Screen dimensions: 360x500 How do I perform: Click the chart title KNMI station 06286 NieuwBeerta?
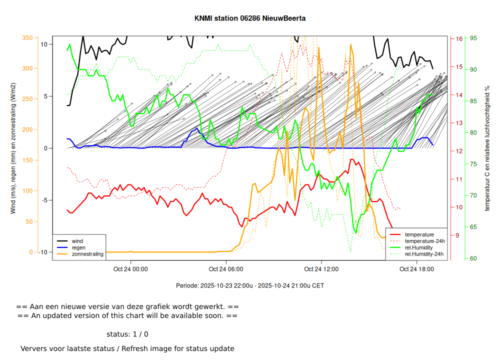[250, 18]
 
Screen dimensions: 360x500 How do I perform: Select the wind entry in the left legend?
[77, 241]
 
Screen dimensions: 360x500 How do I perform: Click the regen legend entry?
[78, 247]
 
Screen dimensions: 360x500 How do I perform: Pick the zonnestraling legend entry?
[87, 254]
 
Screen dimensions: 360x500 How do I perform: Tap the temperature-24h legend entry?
[424, 241]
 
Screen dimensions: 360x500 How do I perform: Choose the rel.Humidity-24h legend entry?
[424, 254]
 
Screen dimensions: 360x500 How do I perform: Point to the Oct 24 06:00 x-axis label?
[226, 269]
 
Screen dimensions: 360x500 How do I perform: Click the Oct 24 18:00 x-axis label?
[416, 269]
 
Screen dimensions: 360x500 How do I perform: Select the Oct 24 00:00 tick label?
[130, 269]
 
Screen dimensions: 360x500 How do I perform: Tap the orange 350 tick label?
[27, 38]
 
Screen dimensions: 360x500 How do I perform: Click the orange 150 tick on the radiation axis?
[27, 160]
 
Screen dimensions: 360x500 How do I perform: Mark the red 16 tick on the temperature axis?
[459, 38]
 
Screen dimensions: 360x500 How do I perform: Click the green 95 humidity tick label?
[473, 38]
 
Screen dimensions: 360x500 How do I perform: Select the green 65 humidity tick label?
[473, 227]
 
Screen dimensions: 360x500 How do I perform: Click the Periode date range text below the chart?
[250, 285]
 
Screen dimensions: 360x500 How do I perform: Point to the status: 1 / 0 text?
[127, 334]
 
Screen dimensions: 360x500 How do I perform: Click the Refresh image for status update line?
[127, 348]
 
